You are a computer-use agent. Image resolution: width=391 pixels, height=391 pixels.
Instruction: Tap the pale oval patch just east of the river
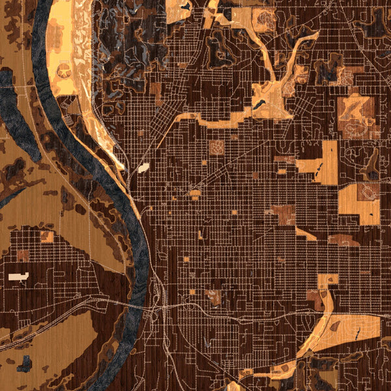pyautogui.click(x=143, y=168)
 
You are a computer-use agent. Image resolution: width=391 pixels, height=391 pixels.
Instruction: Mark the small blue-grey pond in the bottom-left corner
pyautogui.click(x=24, y=364)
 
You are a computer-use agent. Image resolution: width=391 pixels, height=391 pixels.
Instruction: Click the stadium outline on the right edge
pyautogui.click(x=368, y=192)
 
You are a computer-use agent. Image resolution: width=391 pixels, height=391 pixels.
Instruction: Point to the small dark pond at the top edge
pyautogui.click(x=187, y=7)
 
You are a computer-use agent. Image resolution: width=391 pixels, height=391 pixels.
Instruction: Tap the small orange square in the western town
pyautogui.click(x=47, y=236)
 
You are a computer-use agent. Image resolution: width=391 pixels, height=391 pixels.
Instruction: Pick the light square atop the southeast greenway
pyautogui.click(x=328, y=280)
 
